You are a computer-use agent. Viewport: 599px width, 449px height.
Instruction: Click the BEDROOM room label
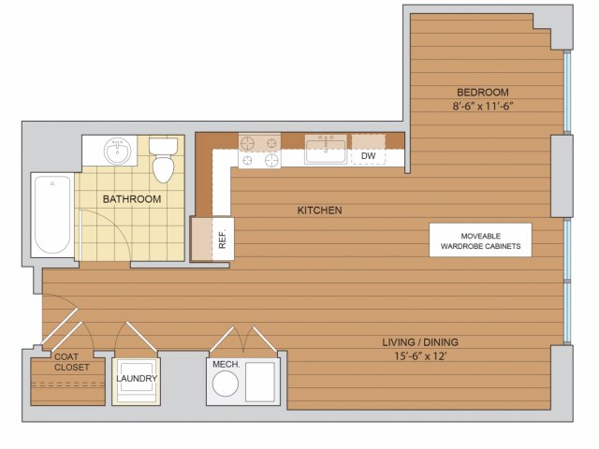click(x=483, y=93)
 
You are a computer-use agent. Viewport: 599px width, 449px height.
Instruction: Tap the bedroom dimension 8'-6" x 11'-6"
click(x=483, y=106)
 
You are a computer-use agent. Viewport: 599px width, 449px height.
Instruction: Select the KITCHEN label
click(x=320, y=210)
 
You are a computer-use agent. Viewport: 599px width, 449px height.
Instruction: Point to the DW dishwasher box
click(x=368, y=156)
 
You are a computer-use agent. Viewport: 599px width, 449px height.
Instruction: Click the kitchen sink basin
click(x=326, y=152)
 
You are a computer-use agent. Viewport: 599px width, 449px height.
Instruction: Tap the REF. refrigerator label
click(x=223, y=239)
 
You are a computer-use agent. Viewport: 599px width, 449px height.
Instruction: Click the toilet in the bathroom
click(x=163, y=160)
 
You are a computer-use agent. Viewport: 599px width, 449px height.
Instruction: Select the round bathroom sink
click(x=118, y=152)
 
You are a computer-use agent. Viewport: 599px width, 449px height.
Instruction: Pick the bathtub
click(x=52, y=215)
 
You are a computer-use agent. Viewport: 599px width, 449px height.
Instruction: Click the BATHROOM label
click(x=132, y=199)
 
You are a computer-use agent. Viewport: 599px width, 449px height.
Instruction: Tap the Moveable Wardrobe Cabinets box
click(x=480, y=240)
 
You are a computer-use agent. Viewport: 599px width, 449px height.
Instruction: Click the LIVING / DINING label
click(x=420, y=342)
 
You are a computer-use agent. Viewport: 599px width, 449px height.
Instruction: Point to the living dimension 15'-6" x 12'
click(x=420, y=356)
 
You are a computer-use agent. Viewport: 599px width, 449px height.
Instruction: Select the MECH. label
click(x=226, y=364)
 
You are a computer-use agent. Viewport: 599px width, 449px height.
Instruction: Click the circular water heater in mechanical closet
click(x=226, y=384)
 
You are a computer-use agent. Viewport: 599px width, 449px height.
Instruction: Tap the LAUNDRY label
click(x=137, y=378)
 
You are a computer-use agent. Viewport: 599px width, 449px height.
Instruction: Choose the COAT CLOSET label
click(x=72, y=362)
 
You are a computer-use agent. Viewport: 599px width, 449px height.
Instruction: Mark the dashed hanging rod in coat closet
click(x=68, y=384)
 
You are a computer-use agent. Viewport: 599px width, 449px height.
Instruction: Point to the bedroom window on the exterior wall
click(x=567, y=92)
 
